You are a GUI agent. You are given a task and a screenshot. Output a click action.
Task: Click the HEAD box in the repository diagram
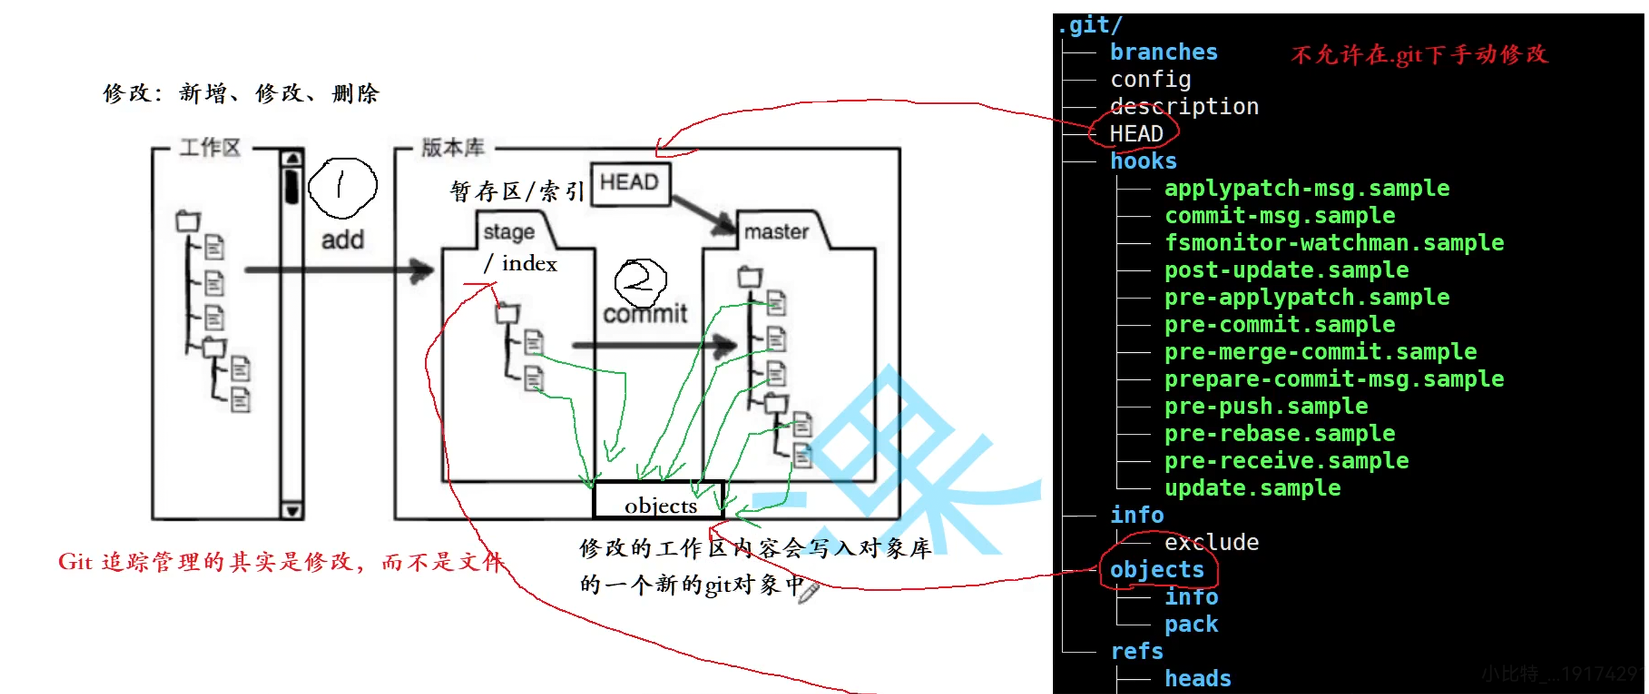tap(630, 183)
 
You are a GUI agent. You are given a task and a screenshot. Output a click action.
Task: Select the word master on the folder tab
tap(777, 232)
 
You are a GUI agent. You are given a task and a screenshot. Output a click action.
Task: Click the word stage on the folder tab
tap(509, 232)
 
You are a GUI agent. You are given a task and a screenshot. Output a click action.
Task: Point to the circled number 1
tap(342, 188)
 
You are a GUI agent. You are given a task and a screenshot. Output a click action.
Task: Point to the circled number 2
tap(640, 281)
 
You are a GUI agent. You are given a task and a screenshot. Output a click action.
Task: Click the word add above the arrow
tap(342, 240)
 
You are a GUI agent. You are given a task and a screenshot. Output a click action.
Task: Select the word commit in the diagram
tap(645, 314)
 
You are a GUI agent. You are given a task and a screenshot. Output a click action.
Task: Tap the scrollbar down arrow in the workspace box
tap(293, 510)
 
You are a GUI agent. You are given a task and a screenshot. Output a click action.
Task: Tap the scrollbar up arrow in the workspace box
tap(293, 159)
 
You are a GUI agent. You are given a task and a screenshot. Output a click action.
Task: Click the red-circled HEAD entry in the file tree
tap(1136, 133)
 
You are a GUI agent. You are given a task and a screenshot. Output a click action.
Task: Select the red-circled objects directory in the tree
tap(1156, 569)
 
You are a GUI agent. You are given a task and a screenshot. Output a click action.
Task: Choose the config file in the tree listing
tap(1150, 80)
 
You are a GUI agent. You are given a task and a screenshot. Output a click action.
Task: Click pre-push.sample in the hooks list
tap(1266, 406)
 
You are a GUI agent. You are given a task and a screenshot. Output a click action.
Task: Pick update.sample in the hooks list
tap(1252, 488)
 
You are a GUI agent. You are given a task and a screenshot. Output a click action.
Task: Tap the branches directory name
tap(1164, 52)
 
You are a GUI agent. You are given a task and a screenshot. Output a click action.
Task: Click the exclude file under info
tap(1211, 542)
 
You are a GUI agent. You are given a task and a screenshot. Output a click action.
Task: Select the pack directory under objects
tap(1191, 624)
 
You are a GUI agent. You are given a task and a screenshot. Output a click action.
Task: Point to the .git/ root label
tap(1090, 25)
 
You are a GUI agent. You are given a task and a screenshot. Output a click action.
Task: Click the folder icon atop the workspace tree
tap(188, 221)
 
